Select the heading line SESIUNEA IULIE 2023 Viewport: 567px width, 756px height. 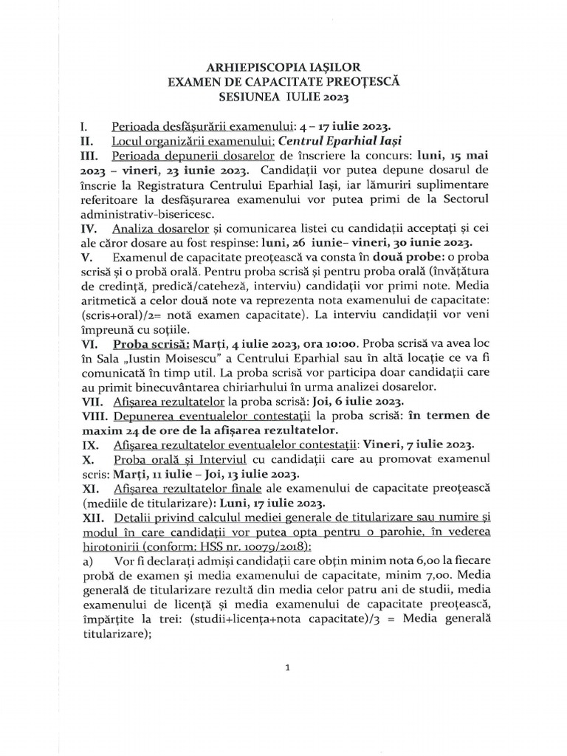(284, 97)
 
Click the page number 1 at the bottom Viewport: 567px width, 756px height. (285, 668)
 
